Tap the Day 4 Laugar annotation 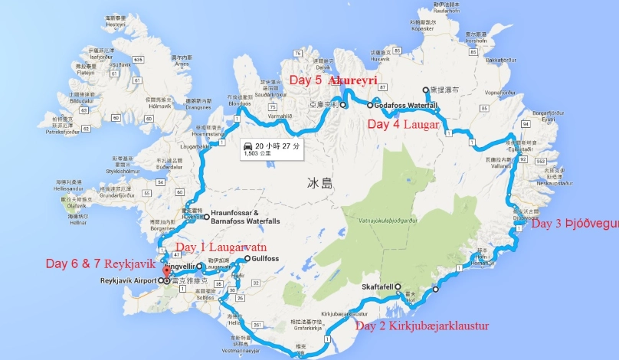(x=403, y=123)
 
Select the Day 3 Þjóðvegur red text (x=575, y=224)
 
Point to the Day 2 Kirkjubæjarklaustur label (x=422, y=326)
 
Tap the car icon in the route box (x=247, y=145)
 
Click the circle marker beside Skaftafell (x=398, y=286)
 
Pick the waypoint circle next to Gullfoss (x=247, y=259)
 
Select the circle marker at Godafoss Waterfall (x=369, y=105)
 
